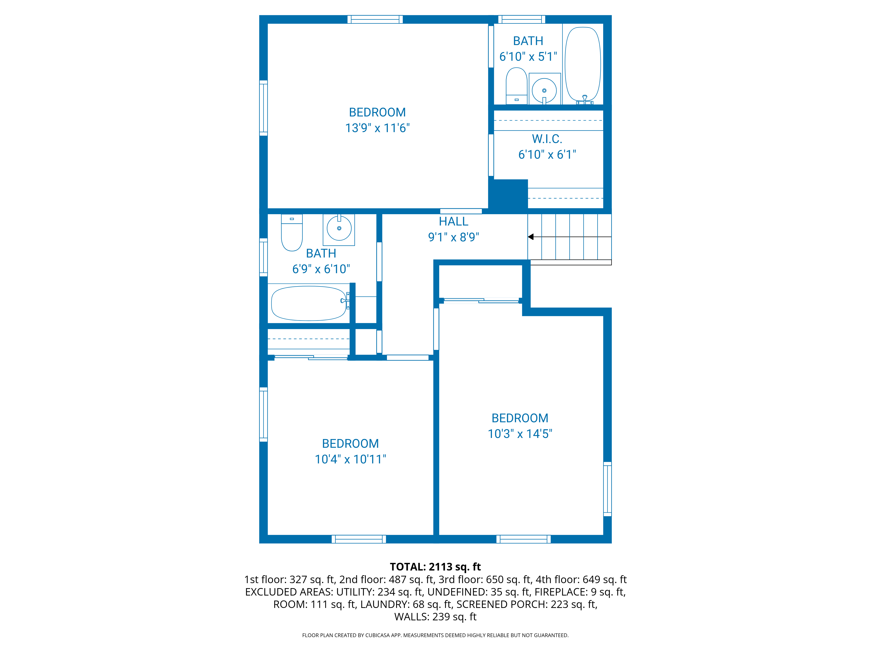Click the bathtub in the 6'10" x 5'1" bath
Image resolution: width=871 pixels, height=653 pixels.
(x=583, y=63)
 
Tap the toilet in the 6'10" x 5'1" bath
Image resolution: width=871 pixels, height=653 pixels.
(x=516, y=85)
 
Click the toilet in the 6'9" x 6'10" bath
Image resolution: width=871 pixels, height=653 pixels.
(x=292, y=233)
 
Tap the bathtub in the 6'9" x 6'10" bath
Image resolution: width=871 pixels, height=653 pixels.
(x=308, y=303)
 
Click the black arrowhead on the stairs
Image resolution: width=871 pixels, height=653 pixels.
(x=531, y=237)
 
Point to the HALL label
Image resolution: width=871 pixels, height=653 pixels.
(x=454, y=222)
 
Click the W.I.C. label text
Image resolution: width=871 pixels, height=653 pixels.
(x=547, y=139)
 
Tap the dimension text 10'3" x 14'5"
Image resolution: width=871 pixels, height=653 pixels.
(x=520, y=434)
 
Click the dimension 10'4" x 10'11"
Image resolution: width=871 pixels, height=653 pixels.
(x=350, y=459)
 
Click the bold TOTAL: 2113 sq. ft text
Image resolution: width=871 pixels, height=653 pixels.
(x=435, y=567)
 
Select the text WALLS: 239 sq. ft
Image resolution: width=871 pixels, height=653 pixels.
(x=435, y=617)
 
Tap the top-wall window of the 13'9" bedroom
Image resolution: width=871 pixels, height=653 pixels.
(x=375, y=19)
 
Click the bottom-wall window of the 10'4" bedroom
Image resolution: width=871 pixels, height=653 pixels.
(x=358, y=539)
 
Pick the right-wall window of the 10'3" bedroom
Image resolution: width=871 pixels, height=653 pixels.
(x=607, y=489)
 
